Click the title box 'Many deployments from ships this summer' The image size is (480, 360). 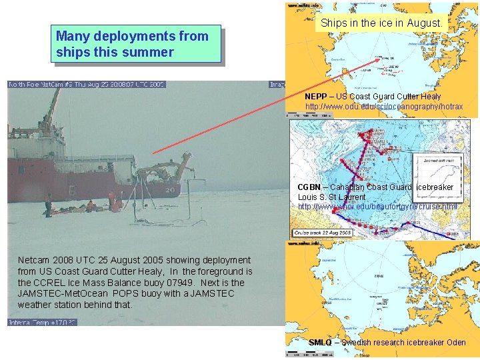point(135,44)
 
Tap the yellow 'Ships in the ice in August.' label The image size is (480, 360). point(381,23)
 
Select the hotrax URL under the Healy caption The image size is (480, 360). point(383,107)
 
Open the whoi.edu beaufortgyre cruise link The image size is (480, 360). point(377,207)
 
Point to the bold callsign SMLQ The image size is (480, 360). point(320,343)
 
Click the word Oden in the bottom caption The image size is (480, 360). point(456,343)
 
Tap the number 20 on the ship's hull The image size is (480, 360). point(170,189)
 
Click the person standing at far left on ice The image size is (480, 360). point(48,205)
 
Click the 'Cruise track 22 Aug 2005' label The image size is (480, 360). point(323,233)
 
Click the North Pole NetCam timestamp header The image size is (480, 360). point(87,85)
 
